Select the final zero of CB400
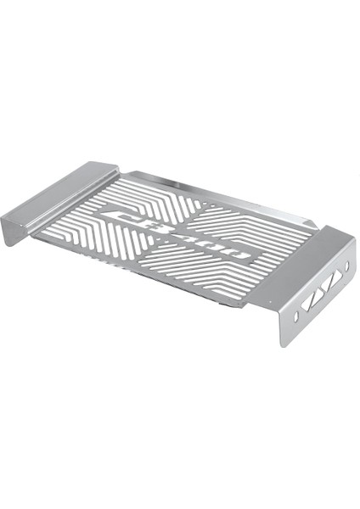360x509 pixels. pyautogui.click(x=239, y=255)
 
